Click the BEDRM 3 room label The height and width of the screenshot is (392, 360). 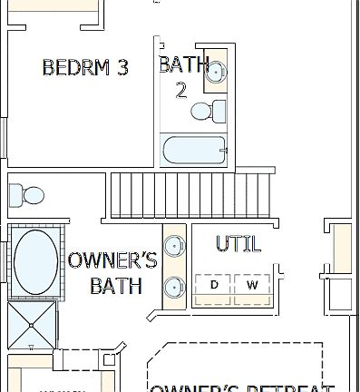[x=85, y=66]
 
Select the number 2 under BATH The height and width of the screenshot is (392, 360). [x=180, y=89]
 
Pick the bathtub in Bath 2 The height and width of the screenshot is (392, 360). [x=192, y=151]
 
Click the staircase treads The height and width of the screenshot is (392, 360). [x=190, y=193]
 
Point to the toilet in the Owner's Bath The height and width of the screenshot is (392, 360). [x=27, y=194]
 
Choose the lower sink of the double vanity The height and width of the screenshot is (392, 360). [x=173, y=288]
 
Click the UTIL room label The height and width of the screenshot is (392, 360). [x=238, y=243]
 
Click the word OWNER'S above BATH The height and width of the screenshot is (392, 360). [x=113, y=261]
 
